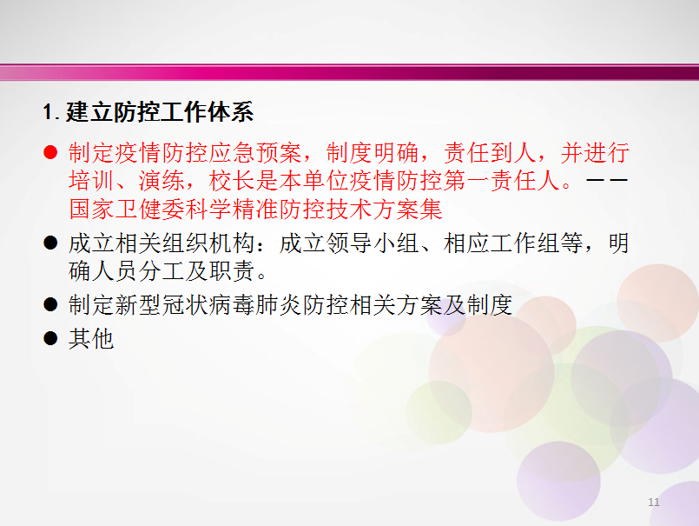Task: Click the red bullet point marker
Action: coord(50,152)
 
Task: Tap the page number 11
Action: coord(654,503)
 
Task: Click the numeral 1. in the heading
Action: coord(51,111)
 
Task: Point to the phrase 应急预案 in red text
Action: coord(255,153)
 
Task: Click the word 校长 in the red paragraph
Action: coord(232,181)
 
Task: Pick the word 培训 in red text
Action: coord(92,181)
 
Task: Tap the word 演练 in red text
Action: coord(162,181)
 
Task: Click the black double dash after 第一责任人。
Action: coord(607,180)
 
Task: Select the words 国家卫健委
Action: coord(127,209)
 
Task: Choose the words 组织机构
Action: coord(208,243)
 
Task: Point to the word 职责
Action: coord(231,270)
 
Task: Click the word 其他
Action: coord(91,338)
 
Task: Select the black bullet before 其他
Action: coord(50,338)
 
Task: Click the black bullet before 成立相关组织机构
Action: coord(50,243)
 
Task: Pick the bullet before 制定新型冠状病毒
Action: coord(50,304)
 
